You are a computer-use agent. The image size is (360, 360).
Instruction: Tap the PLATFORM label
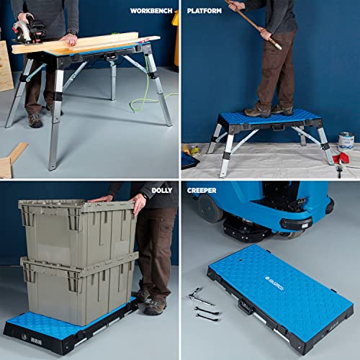(x=204, y=12)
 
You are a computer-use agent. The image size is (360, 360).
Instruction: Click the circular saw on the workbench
(x=29, y=29)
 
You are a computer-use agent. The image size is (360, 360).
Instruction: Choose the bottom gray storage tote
(x=79, y=288)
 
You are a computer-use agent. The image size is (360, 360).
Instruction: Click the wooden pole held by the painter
(x=248, y=22)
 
